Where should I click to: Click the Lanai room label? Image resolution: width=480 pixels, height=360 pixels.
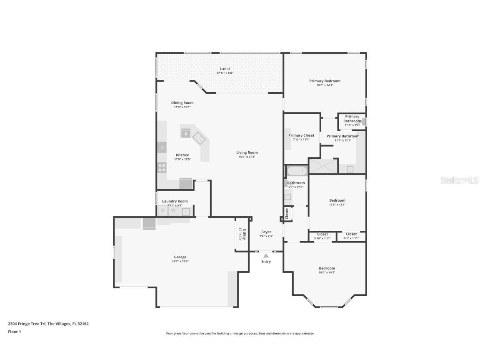coord(225,69)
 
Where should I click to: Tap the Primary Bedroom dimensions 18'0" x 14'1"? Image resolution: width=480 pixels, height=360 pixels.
coord(325,85)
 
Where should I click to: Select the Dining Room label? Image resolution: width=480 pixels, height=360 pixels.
coord(182,103)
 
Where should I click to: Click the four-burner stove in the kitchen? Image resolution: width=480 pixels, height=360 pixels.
coord(162,168)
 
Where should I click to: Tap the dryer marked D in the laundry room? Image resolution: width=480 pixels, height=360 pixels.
coord(162,211)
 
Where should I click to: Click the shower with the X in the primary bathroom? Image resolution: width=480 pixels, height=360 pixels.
coord(323,166)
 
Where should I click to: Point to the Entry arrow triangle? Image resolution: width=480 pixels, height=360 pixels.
coord(266,255)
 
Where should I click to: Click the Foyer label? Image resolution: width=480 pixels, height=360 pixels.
coord(266,232)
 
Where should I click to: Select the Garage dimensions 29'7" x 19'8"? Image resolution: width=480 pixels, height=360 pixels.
coord(180,261)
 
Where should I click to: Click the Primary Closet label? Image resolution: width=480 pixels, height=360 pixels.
coord(301,135)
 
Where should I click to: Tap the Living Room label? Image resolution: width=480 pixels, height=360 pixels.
coord(247,152)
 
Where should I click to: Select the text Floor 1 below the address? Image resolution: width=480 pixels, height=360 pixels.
coord(14,332)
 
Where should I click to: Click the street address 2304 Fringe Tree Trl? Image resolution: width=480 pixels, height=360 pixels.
coord(27,323)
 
